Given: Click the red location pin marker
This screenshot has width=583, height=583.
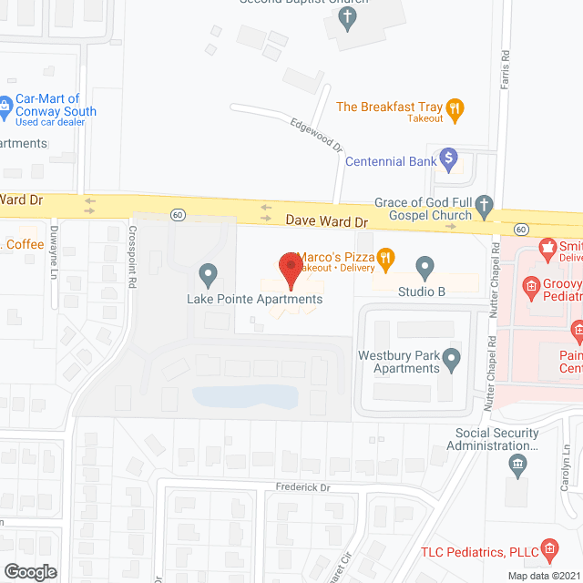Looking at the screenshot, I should click(291, 266).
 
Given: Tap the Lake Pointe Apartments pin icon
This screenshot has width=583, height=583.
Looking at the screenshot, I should click(208, 272).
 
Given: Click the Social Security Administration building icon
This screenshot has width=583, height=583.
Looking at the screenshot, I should click(517, 466).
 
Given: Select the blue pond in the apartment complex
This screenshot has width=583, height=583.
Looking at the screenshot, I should click(246, 395).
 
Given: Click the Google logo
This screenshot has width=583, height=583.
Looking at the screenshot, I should click(29, 571).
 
